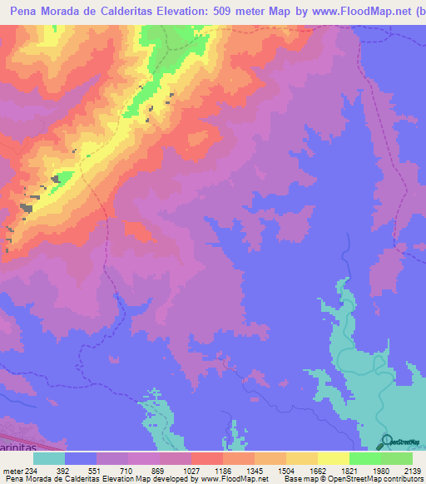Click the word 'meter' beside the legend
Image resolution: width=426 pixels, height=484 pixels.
tap(11, 470)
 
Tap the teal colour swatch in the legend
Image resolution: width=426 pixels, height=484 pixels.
tap(49, 458)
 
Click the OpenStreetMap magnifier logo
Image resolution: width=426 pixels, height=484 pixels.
tap(388, 441)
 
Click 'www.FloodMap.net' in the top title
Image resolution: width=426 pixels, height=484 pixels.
tap(352, 12)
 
